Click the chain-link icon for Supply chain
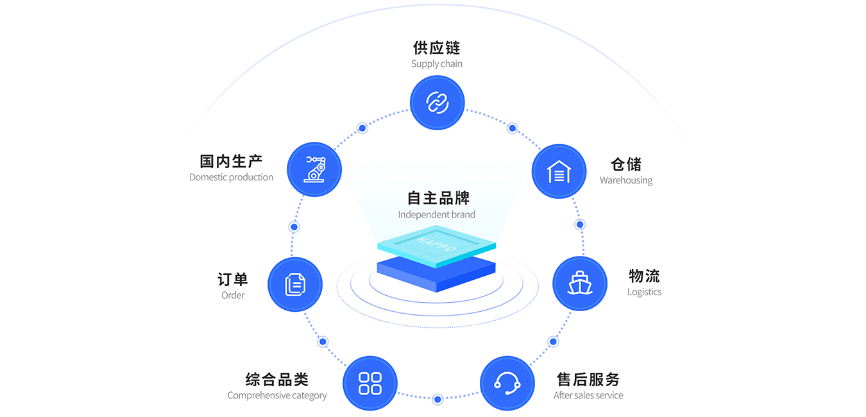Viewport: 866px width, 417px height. (437, 103)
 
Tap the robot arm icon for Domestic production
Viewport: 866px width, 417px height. (314, 169)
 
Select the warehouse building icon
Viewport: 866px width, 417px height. (559, 171)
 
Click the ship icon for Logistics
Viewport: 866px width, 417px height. (579, 284)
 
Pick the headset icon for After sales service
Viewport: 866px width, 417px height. (507, 383)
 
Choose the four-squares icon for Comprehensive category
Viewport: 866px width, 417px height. (370, 383)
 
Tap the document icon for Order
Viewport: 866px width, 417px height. (295, 284)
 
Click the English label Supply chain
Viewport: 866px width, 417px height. (437, 64)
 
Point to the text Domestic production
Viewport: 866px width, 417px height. (231, 177)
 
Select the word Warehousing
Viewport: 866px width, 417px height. (626, 180)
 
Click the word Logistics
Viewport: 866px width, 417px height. (644, 292)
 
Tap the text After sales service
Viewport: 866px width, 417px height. (588, 395)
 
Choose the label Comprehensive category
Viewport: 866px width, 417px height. (277, 395)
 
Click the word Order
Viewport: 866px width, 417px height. (233, 295)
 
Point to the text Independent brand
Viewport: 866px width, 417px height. (437, 215)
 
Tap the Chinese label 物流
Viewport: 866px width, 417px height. (644, 276)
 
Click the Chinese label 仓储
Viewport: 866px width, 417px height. (626, 164)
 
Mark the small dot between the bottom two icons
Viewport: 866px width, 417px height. (437, 399)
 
